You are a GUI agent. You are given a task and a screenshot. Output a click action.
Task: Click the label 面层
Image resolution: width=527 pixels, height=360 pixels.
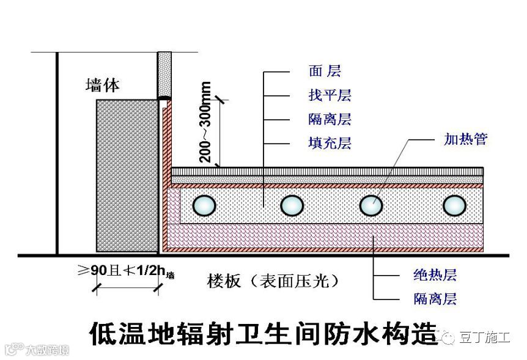pyautogui.click(x=325, y=72)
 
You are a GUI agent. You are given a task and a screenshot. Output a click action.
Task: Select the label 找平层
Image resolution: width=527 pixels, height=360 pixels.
pyautogui.click(x=330, y=95)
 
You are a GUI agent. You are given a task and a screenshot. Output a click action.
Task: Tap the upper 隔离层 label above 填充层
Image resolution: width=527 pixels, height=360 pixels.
pyautogui.click(x=330, y=119)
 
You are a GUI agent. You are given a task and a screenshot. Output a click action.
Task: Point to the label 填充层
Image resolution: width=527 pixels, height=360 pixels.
pyautogui.click(x=330, y=144)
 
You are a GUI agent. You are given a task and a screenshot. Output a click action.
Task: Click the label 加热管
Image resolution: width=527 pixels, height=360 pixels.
pyautogui.click(x=465, y=139)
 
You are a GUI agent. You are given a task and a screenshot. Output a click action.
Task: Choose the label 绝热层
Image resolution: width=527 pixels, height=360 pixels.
pyautogui.click(x=435, y=276)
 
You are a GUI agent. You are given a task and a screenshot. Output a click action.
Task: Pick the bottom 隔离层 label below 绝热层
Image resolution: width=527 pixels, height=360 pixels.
pyautogui.click(x=435, y=299)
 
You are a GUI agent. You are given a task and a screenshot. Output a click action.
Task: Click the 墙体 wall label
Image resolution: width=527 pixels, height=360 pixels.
pyautogui.click(x=102, y=86)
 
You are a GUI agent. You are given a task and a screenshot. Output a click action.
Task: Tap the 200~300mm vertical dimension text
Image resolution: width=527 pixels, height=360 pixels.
pyautogui.click(x=206, y=122)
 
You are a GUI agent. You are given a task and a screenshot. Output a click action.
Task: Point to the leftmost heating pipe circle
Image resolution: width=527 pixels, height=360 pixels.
pyautogui.click(x=204, y=205)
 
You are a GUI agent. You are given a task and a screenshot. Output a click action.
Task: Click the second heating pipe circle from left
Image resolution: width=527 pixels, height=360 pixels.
pyautogui.click(x=292, y=205)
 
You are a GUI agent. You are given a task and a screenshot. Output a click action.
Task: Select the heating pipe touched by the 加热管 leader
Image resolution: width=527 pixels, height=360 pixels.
pyautogui.click(x=370, y=205)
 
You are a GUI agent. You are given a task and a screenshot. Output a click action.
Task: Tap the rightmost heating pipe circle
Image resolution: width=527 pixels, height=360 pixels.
pyautogui.click(x=454, y=205)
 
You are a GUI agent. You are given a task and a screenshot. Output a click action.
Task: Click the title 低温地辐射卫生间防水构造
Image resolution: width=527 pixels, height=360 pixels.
pyautogui.click(x=263, y=334)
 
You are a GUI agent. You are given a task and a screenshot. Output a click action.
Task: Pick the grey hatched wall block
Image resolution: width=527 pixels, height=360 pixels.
pyautogui.click(x=127, y=176)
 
